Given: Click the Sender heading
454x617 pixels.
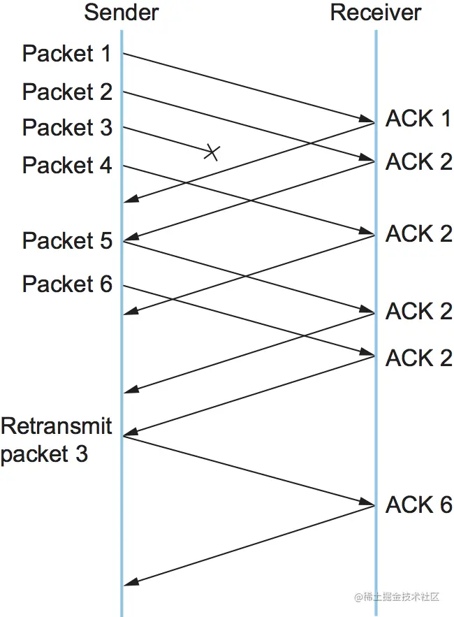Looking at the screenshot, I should click(122, 12).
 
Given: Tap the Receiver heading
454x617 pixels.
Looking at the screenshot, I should click(376, 12).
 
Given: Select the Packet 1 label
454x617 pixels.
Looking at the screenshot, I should click(67, 53).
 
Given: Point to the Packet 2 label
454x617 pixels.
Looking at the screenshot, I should click(67, 92).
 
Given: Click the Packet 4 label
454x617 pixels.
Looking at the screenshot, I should click(67, 166).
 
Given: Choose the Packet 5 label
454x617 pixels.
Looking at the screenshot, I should click(67, 241).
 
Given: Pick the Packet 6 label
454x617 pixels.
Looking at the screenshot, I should click(67, 284).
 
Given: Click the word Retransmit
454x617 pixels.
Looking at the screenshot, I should click(57, 426).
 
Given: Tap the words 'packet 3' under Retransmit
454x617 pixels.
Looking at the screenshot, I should click(44, 453).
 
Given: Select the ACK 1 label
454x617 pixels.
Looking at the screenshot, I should click(418, 119).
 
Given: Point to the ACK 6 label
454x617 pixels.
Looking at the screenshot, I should click(418, 505).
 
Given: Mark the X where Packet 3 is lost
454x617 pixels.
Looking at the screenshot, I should click(212, 152).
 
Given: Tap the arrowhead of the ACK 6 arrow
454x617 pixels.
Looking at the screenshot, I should click(129, 584).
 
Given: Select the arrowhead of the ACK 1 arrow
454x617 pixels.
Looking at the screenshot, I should click(129, 202).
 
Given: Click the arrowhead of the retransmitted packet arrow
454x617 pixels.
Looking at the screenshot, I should click(370, 504).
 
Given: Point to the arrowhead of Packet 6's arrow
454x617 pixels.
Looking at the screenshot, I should click(370, 356).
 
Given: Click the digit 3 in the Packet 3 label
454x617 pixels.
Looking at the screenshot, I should click(105, 128).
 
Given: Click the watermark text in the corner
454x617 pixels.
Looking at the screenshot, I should click(397, 597).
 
